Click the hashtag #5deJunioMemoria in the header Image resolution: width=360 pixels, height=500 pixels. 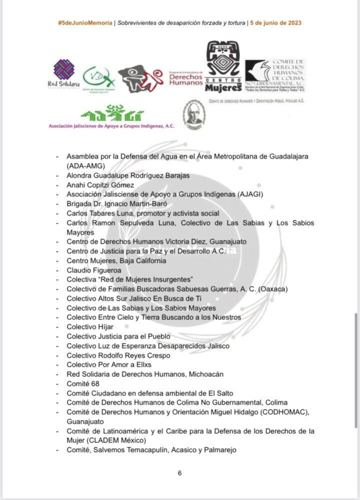click(x=85, y=23)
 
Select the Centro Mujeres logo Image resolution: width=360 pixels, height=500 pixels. click(x=223, y=67)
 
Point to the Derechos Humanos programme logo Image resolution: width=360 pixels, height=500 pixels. click(x=185, y=77)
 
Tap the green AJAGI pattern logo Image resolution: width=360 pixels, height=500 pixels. click(x=112, y=114)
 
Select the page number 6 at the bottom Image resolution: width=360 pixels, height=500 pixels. click(x=179, y=473)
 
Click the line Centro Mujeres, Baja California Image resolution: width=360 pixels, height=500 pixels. click(x=116, y=260)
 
